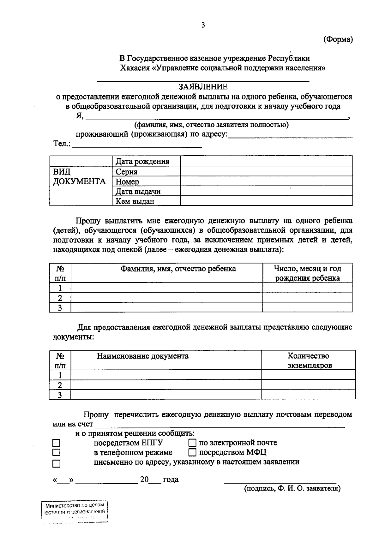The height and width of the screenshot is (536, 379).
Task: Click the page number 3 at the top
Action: click(203, 25)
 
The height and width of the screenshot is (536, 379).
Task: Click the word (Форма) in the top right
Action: click(338, 39)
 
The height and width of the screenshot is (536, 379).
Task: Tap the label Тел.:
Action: click(62, 144)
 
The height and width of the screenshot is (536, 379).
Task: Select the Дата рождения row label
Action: click(142, 162)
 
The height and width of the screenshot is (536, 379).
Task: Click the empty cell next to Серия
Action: click(266, 171)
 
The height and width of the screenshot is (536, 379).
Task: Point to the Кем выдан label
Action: click(135, 201)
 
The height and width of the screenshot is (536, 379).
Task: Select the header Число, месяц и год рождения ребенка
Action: click(307, 273)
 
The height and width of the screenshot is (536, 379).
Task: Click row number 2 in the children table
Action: click(60, 298)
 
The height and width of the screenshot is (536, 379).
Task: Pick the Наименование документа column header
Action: click(143, 356)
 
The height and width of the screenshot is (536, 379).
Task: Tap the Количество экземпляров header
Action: click(308, 360)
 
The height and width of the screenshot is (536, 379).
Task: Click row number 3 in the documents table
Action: click(60, 395)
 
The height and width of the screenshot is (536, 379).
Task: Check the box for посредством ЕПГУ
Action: click(56, 443)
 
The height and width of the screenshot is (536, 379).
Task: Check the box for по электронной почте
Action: click(192, 443)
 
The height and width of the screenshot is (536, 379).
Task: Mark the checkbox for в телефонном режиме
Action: click(56, 452)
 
